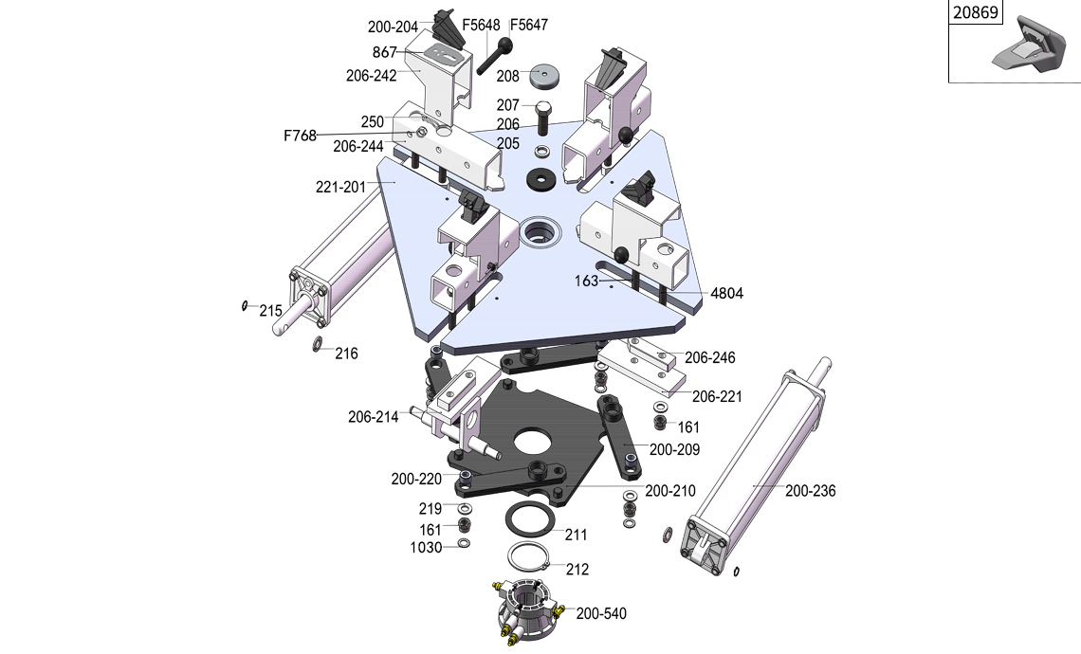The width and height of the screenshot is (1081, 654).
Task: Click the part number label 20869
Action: click(976, 13)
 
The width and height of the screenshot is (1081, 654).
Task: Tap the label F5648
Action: click(481, 25)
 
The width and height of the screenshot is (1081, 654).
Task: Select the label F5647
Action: click(529, 25)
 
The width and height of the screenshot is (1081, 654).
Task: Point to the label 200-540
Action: click(601, 614)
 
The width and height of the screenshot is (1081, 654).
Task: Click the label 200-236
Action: click(810, 491)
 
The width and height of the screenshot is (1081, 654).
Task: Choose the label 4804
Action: click(726, 294)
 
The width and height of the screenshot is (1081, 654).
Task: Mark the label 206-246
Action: click(710, 358)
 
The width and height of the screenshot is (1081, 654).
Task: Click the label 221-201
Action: click(340, 187)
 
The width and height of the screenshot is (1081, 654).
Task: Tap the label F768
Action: click(300, 136)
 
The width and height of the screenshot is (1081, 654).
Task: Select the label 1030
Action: click(426, 548)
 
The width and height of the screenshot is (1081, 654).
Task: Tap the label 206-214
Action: click(373, 417)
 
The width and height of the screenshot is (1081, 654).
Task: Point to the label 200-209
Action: click(675, 449)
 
